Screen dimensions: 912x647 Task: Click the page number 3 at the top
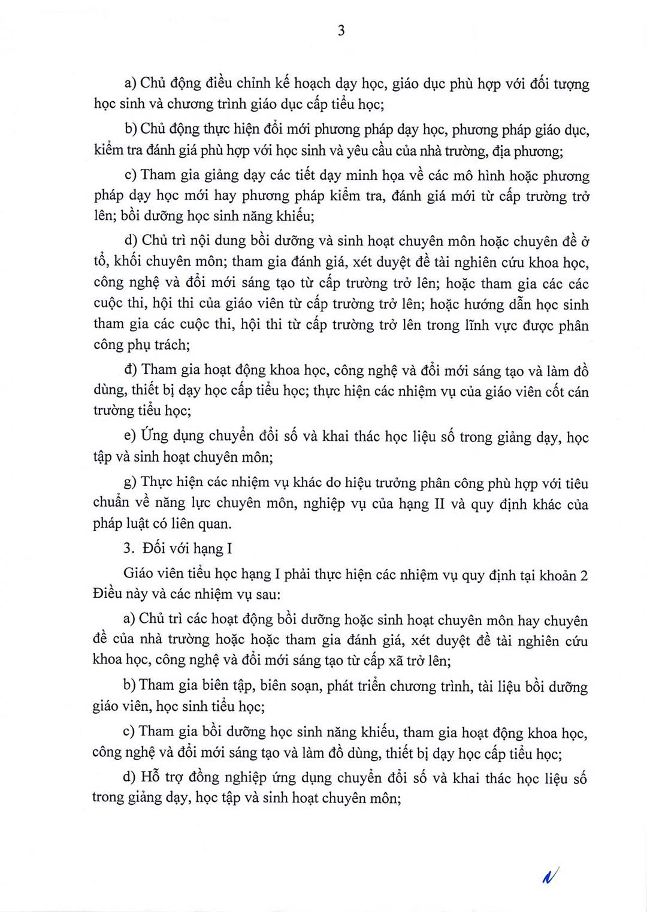(341, 31)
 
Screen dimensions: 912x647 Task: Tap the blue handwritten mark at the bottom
(549, 876)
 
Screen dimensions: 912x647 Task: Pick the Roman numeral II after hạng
(439, 504)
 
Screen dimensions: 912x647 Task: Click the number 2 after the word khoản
(583, 575)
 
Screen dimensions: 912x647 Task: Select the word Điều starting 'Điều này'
(108, 595)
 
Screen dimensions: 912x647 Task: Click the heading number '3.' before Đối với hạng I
(129, 549)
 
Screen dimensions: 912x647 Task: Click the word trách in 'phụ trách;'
(171, 345)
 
